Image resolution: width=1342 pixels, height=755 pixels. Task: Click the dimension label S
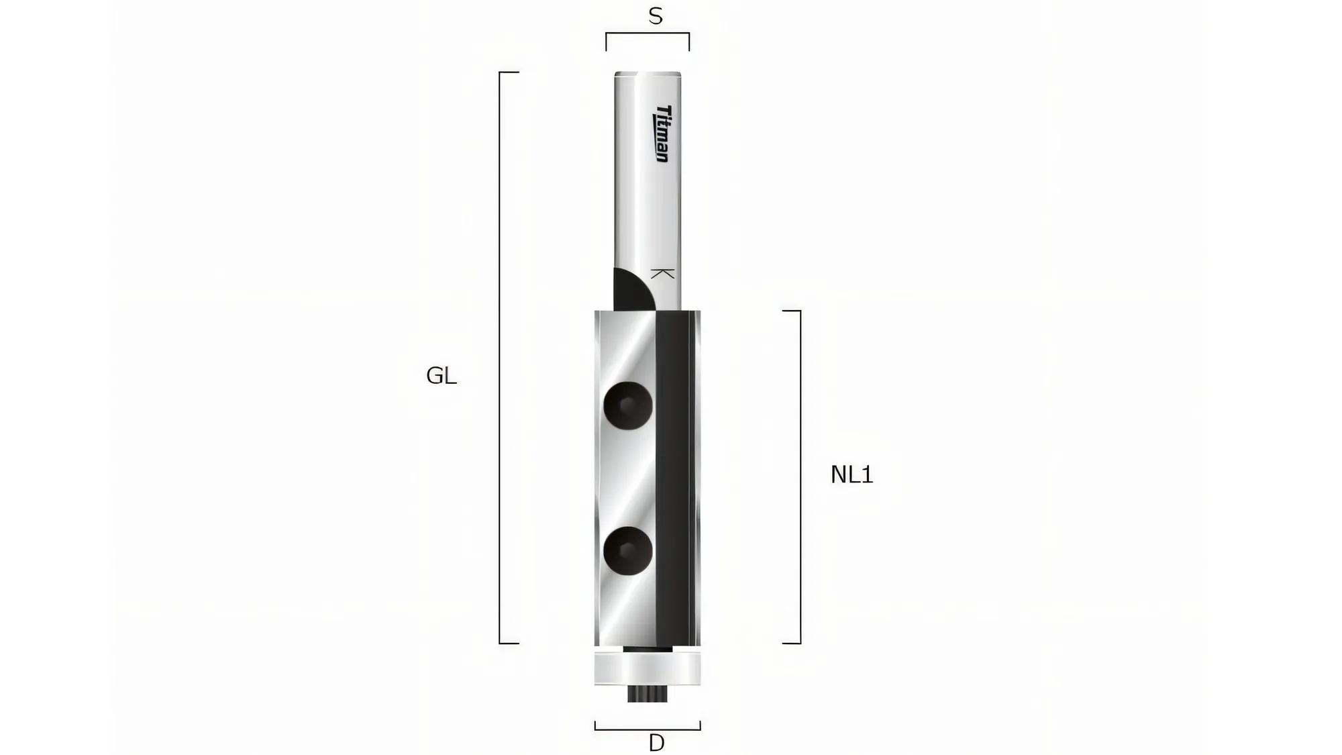(x=656, y=16)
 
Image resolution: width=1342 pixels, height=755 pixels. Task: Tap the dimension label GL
(x=442, y=376)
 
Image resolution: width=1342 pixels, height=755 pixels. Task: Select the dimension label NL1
(x=851, y=474)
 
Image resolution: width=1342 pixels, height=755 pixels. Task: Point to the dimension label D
(x=656, y=743)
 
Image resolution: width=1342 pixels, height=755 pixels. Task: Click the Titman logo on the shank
(x=662, y=134)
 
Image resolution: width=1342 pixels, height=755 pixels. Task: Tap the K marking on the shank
(x=663, y=274)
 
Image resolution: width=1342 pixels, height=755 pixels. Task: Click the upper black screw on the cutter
(x=628, y=405)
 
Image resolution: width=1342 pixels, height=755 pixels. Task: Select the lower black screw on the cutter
(x=628, y=550)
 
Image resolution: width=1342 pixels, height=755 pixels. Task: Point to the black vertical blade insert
(x=673, y=479)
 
